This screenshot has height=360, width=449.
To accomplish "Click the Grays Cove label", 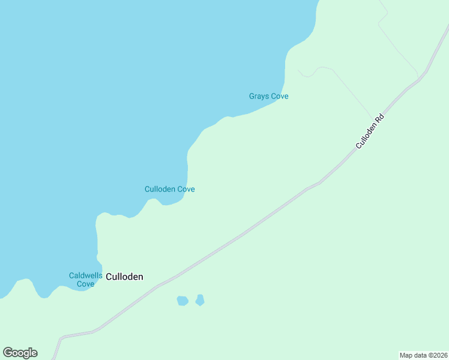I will [x=269, y=96].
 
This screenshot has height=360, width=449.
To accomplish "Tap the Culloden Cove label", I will [x=169, y=189].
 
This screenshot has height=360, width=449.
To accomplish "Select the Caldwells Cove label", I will [x=85, y=280].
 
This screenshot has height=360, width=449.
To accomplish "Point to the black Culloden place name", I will [x=124, y=277].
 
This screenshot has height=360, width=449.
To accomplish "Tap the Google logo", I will [x=20, y=353].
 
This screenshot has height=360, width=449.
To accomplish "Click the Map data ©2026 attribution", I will [x=423, y=355].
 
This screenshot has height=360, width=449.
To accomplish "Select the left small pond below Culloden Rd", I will [x=182, y=301].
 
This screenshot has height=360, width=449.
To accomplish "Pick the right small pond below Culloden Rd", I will [x=200, y=299].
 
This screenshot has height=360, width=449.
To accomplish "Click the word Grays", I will [x=259, y=96].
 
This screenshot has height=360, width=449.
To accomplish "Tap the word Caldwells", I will [x=85, y=275].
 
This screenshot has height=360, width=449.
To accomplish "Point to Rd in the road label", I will [x=379, y=118].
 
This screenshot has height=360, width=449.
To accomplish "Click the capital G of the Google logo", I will [x=8, y=353].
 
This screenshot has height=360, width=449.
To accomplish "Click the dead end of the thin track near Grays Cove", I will [x=298, y=70].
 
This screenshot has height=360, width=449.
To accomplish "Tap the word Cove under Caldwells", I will [x=85, y=284].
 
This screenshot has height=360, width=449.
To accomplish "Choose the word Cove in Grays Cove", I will [x=280, y=96].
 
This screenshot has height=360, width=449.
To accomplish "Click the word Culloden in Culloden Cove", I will [x=160, y=189].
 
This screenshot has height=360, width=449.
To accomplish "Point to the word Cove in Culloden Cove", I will [x=185, y=189].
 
